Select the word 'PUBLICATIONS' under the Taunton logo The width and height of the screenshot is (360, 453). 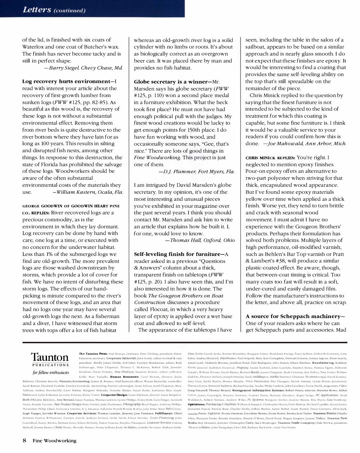pos(50,365)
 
